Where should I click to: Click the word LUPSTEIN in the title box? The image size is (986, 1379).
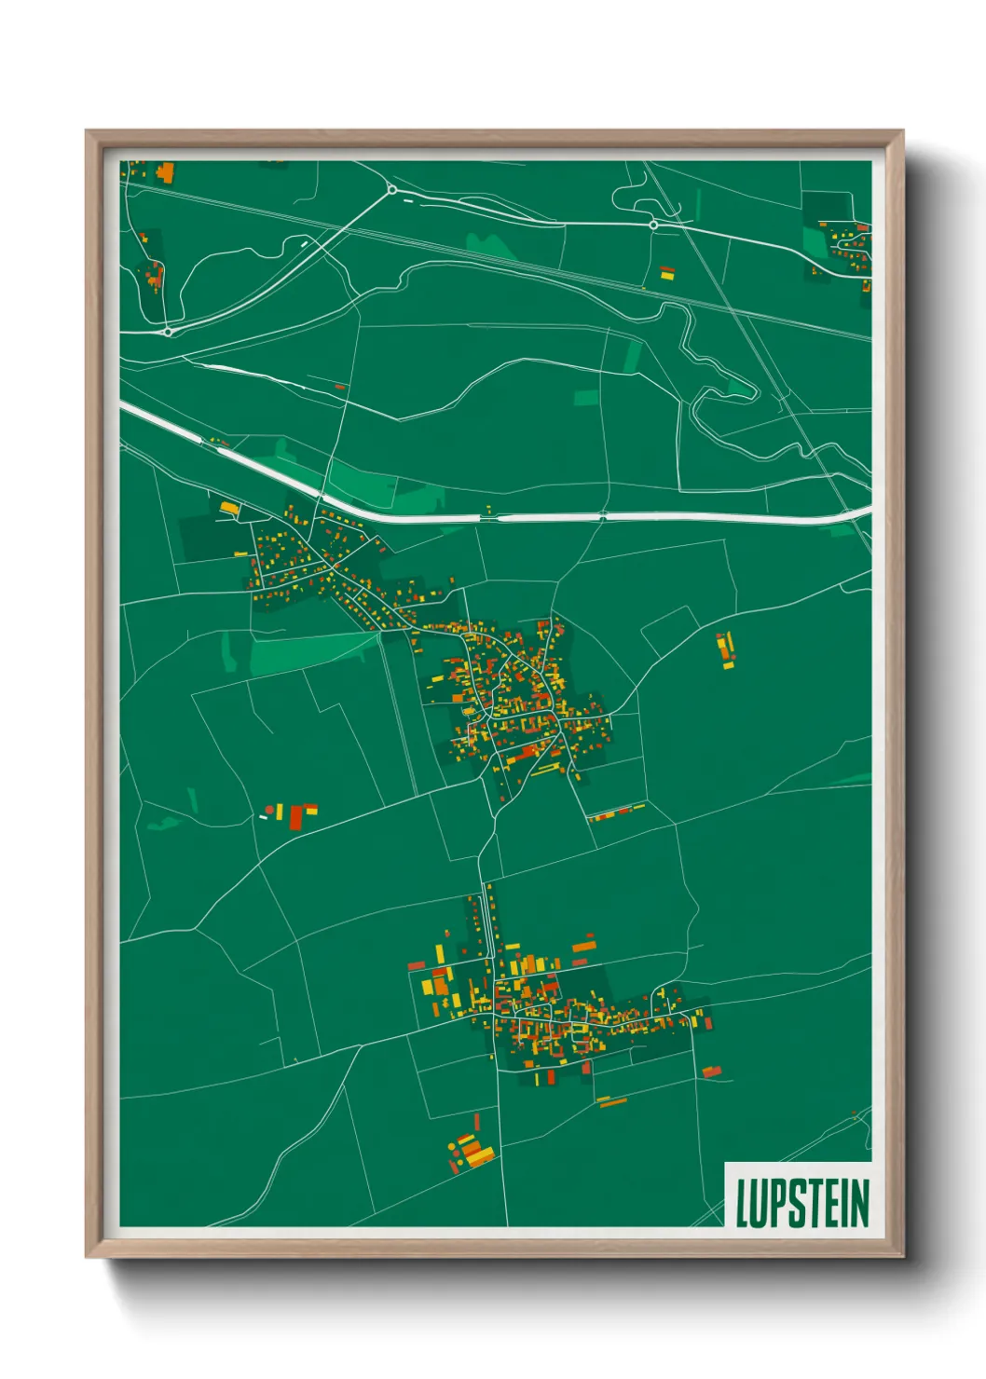(801, 1203)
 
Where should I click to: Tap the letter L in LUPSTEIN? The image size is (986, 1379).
(743, 1203)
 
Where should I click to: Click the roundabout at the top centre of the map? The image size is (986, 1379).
(392, 190)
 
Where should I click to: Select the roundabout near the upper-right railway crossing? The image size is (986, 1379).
(653, 225)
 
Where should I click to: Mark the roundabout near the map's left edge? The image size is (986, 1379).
(168, 331)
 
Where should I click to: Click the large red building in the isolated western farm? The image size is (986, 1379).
(297, 817)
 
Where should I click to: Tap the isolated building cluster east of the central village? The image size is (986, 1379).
(725, 649)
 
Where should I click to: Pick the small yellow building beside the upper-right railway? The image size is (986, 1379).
(666, 273)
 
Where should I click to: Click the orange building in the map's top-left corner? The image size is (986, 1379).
(166, 172)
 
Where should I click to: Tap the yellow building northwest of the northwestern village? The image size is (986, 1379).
(229, 508)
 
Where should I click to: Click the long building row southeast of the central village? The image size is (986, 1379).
(617, 813)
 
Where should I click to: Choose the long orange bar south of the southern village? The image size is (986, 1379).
(612, 1102)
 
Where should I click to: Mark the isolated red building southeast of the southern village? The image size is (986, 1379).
(712, 1072)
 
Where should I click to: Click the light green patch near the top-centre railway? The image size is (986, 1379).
(492, 245)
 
